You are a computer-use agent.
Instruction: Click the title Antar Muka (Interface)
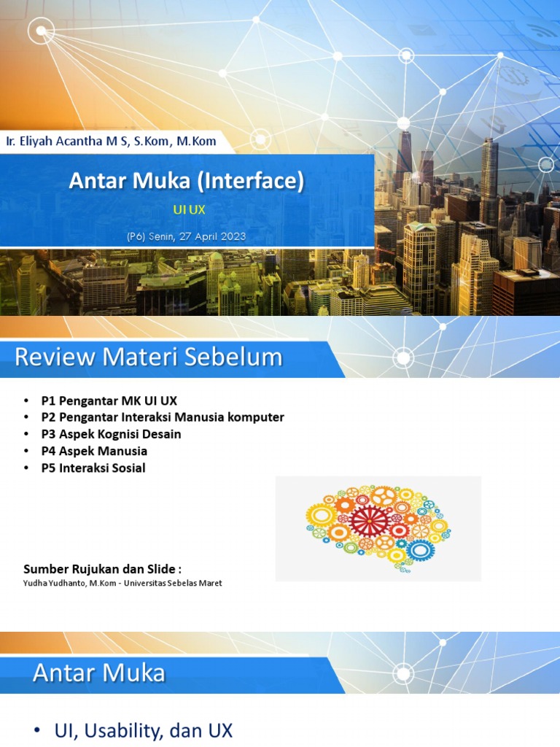[x=186, y=181]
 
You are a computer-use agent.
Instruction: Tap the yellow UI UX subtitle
[x=189, y=209]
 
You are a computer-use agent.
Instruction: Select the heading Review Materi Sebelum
[x=148, y=357]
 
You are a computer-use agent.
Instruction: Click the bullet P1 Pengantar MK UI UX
[x=109, y=400]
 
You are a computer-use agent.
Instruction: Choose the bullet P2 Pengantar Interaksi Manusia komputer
[x=162, y=417]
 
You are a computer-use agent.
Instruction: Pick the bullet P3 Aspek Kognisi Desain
[x=111, y=434]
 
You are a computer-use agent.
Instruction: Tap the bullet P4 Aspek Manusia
[x=94, y=451]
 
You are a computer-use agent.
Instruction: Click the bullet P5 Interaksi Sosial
[x=93, y=468]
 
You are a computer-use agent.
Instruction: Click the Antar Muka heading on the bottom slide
[x=99, y=673]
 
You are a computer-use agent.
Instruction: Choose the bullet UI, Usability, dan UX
[x=144, y=731]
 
